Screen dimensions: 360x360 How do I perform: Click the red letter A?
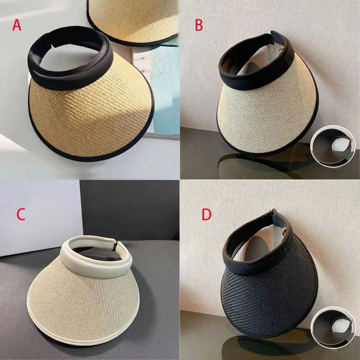[x=17, y=25]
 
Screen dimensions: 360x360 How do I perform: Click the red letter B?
[x=199, y=25]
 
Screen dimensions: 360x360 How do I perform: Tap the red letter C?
[x=21, y=215]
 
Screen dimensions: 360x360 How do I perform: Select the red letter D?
[x=206, y=215]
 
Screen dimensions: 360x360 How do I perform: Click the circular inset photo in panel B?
[x=333, y=146]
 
